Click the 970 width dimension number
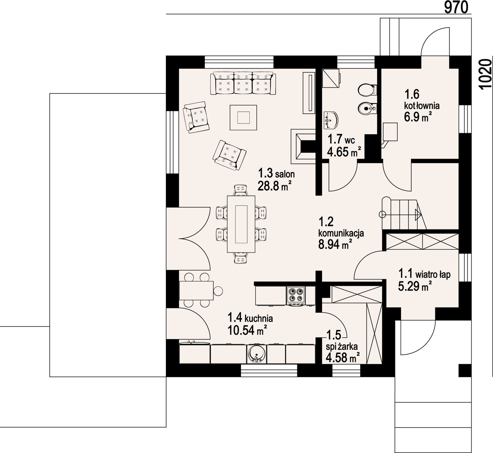[x=456, y=7]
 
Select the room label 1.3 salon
[x=276, y=173]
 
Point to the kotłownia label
[x=422, y=106]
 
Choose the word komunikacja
[x=341, y=233]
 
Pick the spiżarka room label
[x=342, y=347]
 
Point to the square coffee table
[x=243, y=117]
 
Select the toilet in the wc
[x=367, y=90]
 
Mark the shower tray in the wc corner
[x=331, y=78]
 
